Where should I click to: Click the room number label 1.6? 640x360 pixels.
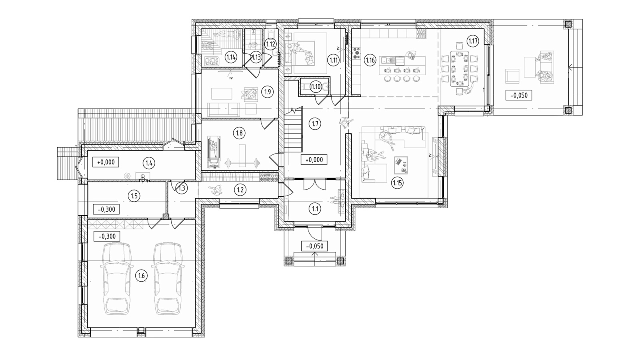click(141, 276)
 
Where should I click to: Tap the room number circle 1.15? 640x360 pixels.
click(397, 183)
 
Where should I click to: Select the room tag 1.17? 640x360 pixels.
click(473, 41)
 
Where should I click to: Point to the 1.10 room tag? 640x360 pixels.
click(316, 86)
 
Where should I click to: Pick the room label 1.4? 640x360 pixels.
click(148, 163)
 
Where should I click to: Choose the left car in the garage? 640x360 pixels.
click(117, 278)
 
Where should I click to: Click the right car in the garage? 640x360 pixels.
click(168, 278)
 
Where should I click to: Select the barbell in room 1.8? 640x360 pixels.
click(242, 164)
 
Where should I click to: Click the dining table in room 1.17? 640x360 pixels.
click(459, 68)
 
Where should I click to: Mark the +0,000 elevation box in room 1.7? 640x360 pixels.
click(314, 160)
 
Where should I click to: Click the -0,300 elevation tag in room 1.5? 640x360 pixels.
click(106, 210)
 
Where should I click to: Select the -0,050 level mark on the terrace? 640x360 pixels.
click(518, 95)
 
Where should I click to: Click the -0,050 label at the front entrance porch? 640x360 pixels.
click(314, 246)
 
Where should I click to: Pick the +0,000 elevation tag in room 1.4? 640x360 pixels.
click(106, 162)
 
